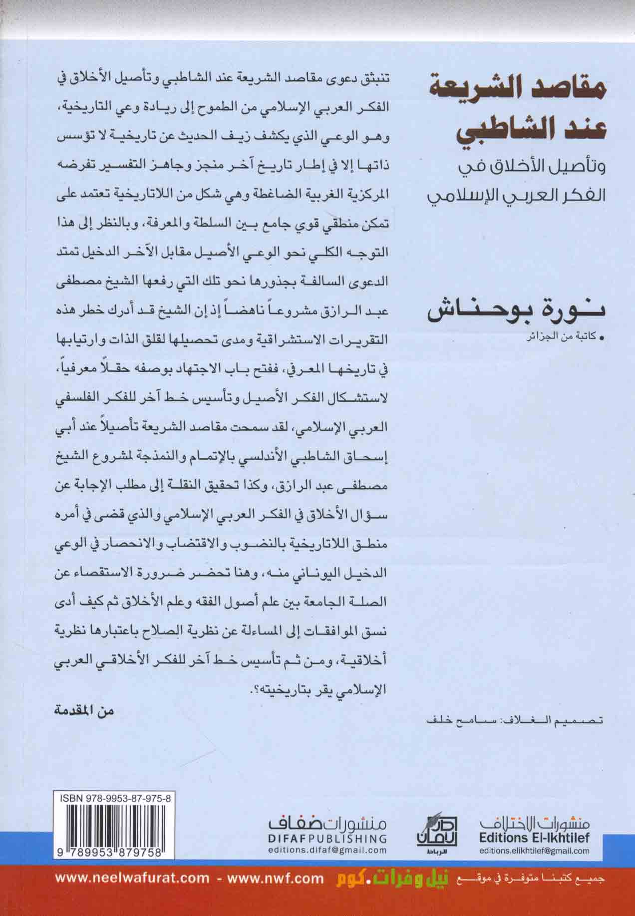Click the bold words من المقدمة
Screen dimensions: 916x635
84,711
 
